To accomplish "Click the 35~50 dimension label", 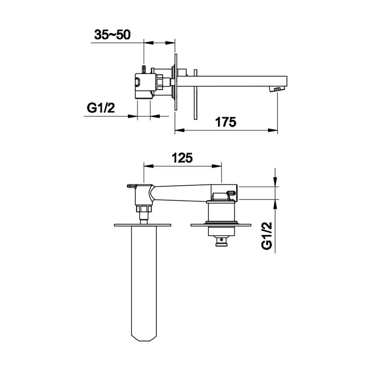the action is coord(112,35).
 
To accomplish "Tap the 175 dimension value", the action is coord(226,122).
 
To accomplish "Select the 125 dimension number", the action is coord(182,158).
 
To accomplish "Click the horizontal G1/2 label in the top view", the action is coord(101,108).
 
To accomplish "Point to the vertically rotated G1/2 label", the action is coord(267,236).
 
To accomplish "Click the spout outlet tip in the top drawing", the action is coord(277,89).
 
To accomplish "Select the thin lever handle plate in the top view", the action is coord(195,94).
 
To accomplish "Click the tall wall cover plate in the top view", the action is coord(176,82).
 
